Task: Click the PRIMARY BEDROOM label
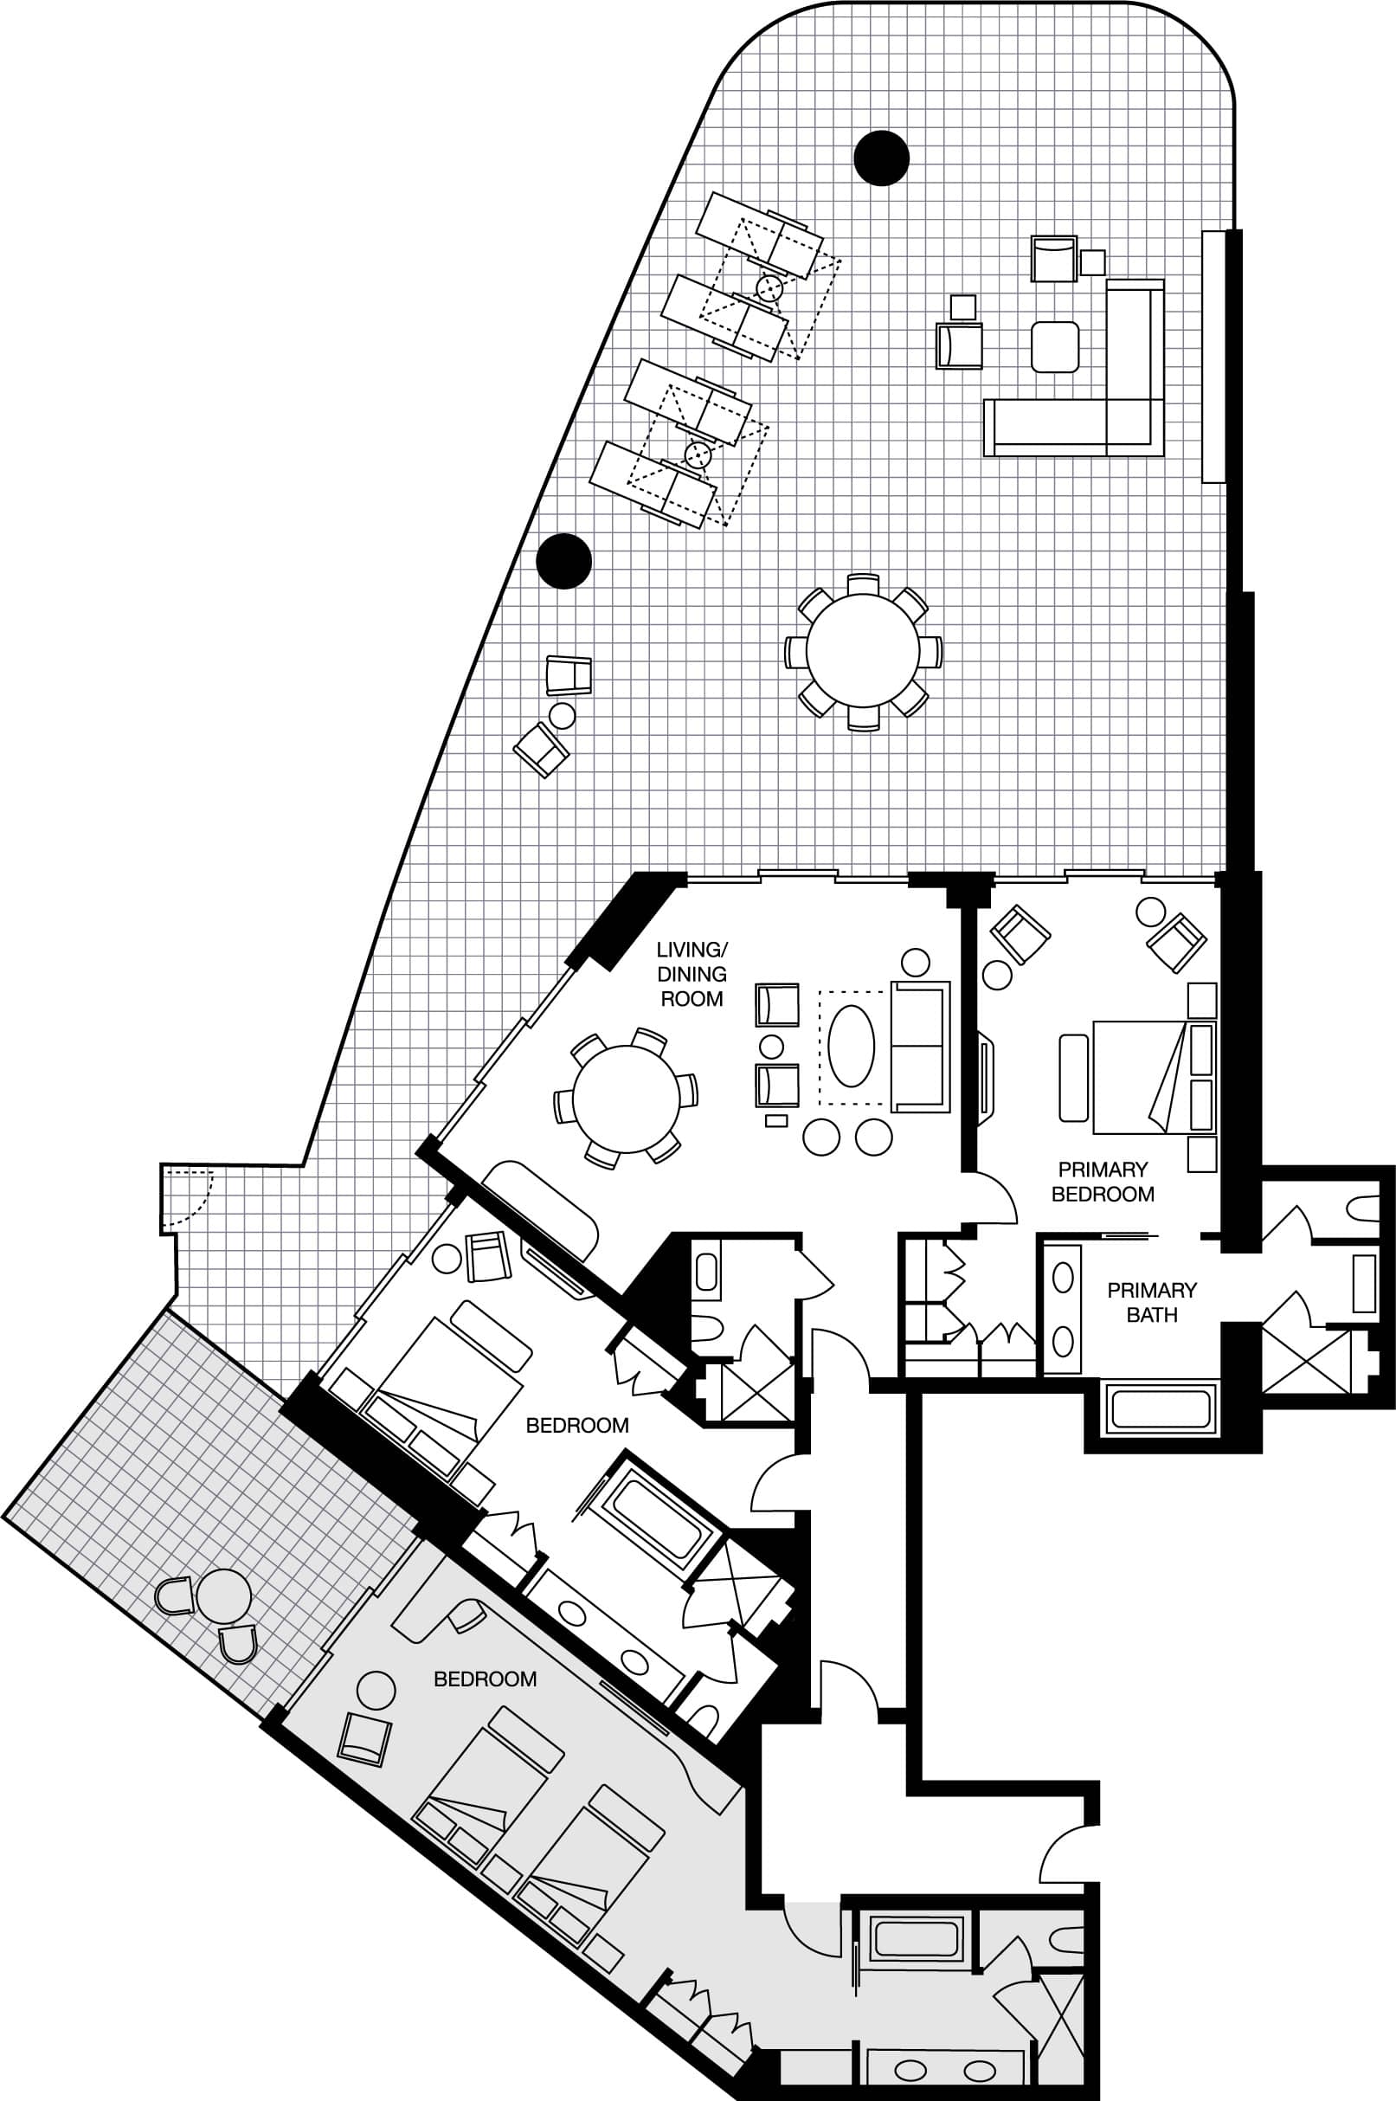coord(1103,1182)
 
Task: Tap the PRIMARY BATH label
coord(1151,1303)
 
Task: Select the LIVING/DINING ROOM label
coord(692,974)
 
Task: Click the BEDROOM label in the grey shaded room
coord(486,1679)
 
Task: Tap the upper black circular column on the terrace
coord(881,158)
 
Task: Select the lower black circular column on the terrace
coord(563,561)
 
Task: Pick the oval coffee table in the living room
coord(851,1046)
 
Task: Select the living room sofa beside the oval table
coord(921,1046)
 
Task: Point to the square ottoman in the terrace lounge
coord(1055,346)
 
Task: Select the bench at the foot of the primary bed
coord(1074,1077)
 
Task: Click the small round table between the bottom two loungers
coord(697,455)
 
